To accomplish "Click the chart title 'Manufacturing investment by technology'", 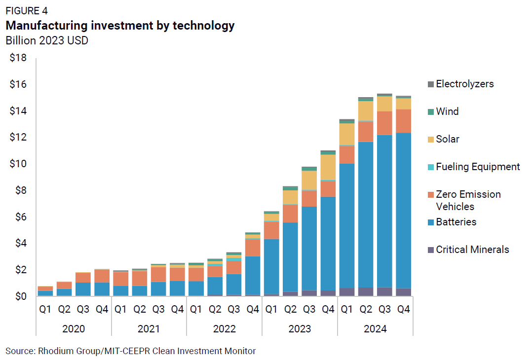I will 120,26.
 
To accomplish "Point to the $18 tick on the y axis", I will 19,58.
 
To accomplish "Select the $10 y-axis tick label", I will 19,164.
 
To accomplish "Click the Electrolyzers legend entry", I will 464,84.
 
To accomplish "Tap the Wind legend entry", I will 447,111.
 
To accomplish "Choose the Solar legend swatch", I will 431,140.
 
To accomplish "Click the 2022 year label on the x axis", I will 225,329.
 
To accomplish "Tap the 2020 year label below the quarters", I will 74,329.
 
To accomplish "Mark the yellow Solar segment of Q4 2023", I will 328,168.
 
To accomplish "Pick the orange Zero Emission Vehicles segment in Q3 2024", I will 385,123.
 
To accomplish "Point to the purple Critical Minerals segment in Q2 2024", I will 366,291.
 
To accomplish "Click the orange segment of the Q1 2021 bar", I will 120,279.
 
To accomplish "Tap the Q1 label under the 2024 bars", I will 347,310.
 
